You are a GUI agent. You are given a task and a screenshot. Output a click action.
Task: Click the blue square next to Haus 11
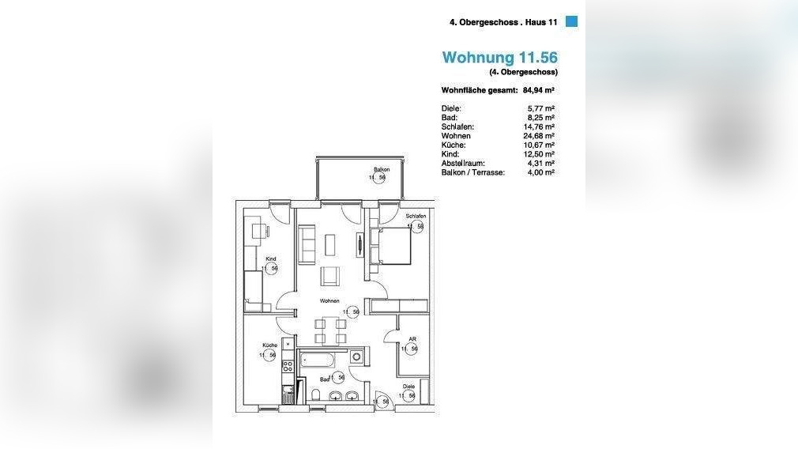(x=572, y=22)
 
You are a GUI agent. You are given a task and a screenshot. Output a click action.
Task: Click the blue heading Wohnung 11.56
(x=499, y=57)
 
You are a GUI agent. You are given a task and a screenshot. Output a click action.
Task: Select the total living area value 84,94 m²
(x=539, y=90)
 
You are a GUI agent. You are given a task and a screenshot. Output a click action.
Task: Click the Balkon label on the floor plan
(x=382, y=170)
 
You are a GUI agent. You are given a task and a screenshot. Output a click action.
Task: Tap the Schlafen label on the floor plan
(x=416, y=216)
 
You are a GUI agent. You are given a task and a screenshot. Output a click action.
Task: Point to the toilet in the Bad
(x=316, y=395)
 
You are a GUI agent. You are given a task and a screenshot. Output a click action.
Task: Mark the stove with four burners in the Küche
(x=288, y=367)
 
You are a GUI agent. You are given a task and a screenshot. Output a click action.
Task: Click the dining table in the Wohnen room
(x=330, y=330)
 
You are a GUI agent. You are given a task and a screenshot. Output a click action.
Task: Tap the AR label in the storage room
(x=412, y=339)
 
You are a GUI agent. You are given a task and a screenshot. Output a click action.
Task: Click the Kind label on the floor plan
(x=271, y=258)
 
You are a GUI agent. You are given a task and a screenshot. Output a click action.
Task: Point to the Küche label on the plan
(x=269, y=346)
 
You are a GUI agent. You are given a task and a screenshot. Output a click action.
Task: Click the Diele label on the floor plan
(x=408, y=387)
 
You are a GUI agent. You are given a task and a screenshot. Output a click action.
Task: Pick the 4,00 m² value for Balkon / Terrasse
(x=540, y=172)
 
